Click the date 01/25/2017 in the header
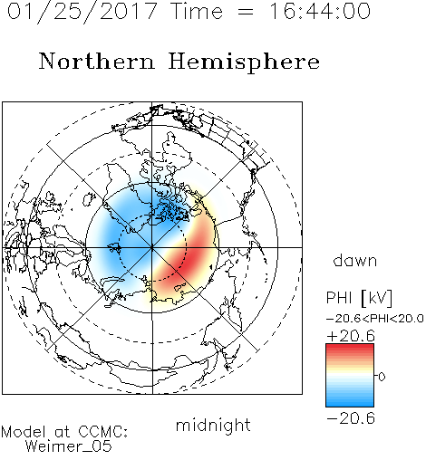tap(82, 12)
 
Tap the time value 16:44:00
tap(319, 11)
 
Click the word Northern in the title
tap(97, 61)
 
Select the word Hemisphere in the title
tap(244, 62)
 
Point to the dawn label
tap(355, 260)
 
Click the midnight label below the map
tap(213, 426)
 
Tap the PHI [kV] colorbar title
tap(359, 298)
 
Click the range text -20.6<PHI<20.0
tap(375, 319)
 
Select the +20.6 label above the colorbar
tap(351, 336)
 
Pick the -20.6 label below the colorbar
tap(351, 418)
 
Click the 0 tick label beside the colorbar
tap(382, 377)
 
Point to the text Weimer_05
tap(69, 446)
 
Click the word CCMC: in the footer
tap(102, 432)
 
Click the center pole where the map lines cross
tap(152, 247)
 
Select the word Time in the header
tap(197, 11)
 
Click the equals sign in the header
tap(246, 12)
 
